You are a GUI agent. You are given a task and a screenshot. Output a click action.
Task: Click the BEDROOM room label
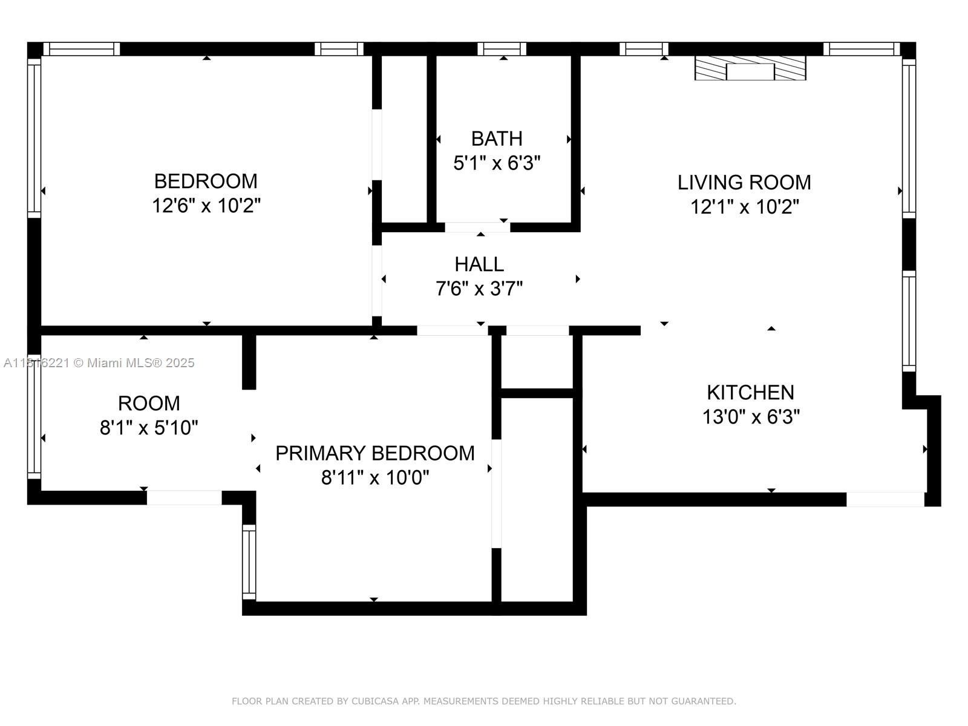pos(206,181)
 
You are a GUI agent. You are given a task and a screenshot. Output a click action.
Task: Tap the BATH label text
pos(497,139)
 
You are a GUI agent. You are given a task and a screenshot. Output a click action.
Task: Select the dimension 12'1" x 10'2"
pos(744,207)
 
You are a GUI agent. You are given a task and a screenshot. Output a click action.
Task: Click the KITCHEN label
pos(750,392)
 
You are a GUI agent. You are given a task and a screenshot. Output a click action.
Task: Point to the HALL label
pos(479,264)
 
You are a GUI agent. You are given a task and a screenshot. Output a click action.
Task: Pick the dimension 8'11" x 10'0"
pos(375,477)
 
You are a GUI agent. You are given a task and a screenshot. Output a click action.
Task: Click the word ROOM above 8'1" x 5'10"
pos(149,404)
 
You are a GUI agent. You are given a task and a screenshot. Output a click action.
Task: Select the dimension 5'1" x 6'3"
pos(497,163)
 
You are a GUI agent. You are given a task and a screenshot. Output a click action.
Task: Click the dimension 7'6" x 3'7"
pos(479,289)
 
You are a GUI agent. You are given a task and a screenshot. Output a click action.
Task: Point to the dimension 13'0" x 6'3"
pos(751,417)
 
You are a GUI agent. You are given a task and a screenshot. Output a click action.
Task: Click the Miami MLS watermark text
pos(99,363)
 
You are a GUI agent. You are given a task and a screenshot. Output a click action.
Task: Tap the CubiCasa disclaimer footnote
pos(484,701)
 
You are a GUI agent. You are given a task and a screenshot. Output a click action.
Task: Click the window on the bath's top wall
pos(502,49)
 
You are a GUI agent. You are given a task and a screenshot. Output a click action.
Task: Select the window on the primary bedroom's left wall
pos(249,562)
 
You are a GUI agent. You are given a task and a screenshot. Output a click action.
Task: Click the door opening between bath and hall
pos(477,227)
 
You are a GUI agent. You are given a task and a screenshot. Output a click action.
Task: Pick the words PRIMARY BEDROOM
pos(375,453)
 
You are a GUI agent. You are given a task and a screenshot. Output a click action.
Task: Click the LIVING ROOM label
pos(744,183)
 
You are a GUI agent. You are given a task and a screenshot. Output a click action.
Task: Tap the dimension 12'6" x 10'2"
pos(206,206)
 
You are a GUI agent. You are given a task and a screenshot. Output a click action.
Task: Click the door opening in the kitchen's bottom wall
pos(885,500)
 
